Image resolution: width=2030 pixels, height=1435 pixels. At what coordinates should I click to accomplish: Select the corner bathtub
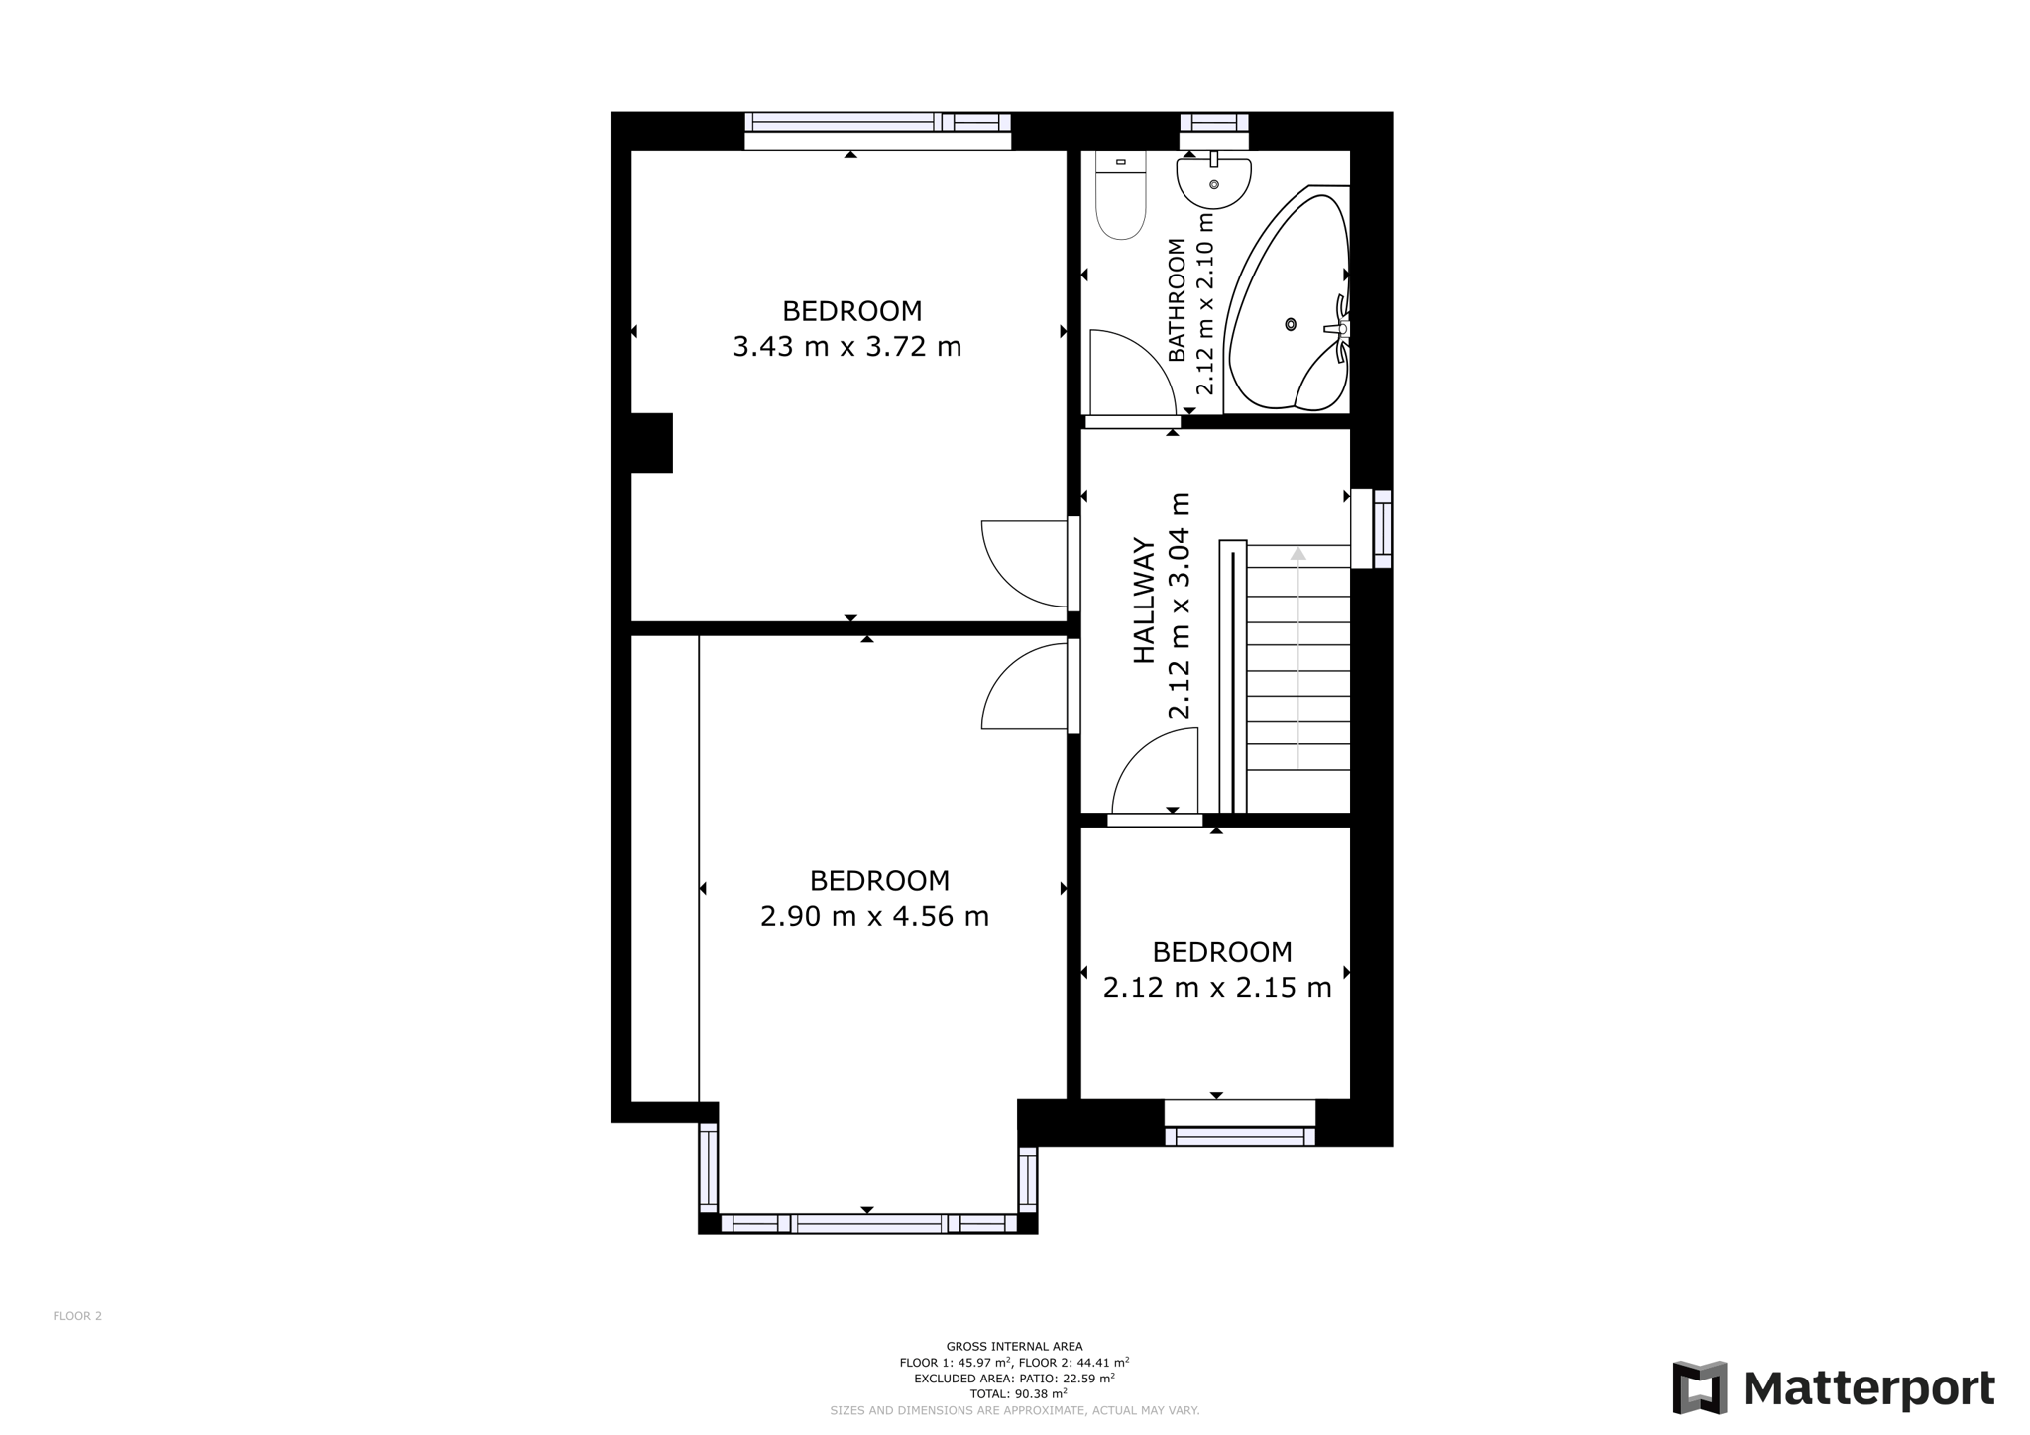[x=1288, y=297]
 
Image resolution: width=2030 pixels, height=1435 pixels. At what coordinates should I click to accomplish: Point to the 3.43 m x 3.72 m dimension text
[x=847, y=347]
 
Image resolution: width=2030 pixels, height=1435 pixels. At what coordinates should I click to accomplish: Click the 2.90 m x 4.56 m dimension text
[x=874, y=916]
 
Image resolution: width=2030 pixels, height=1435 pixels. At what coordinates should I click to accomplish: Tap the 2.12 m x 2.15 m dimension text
[x=1217, y=988]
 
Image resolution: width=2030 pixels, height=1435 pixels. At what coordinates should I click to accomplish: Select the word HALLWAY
[x=1144, y=601]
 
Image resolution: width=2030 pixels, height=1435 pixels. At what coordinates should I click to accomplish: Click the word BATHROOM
[x=1177, y=299]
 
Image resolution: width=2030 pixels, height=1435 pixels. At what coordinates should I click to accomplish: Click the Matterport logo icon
[x=1700, y=1387]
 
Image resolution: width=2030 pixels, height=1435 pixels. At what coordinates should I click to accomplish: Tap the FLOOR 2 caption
[x=77, y=1316]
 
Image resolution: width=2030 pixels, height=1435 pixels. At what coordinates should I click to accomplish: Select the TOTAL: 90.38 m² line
[x=1015, y=1393]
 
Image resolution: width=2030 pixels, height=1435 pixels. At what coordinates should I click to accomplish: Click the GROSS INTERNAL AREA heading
[x=1015, y=1346]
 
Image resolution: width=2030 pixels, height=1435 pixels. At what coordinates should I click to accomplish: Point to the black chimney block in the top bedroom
[x=651, y=443]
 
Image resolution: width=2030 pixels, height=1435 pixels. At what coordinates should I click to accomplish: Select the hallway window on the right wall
[x=1373, y=528]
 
